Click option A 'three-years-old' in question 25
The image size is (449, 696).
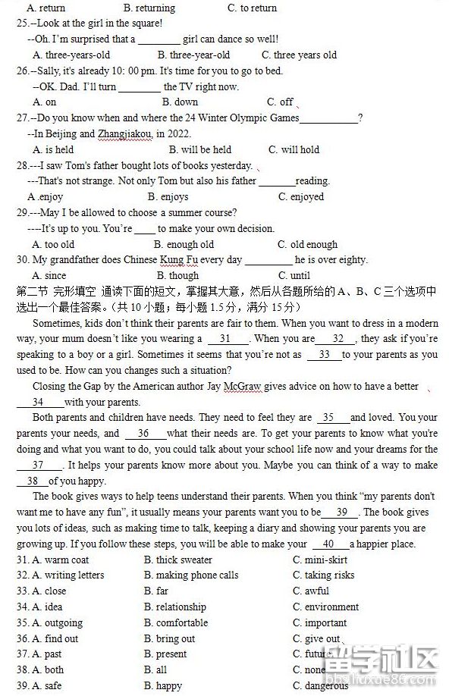coord(71,55)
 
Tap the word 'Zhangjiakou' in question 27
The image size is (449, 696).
coord(126,133)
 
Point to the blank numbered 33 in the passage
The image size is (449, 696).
coord(324,354)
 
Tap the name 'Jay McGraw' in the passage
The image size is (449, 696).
coord(234,386)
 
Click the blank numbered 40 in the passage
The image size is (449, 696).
coord(328,544)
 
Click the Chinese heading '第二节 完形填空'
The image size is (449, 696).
coord(56,291)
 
